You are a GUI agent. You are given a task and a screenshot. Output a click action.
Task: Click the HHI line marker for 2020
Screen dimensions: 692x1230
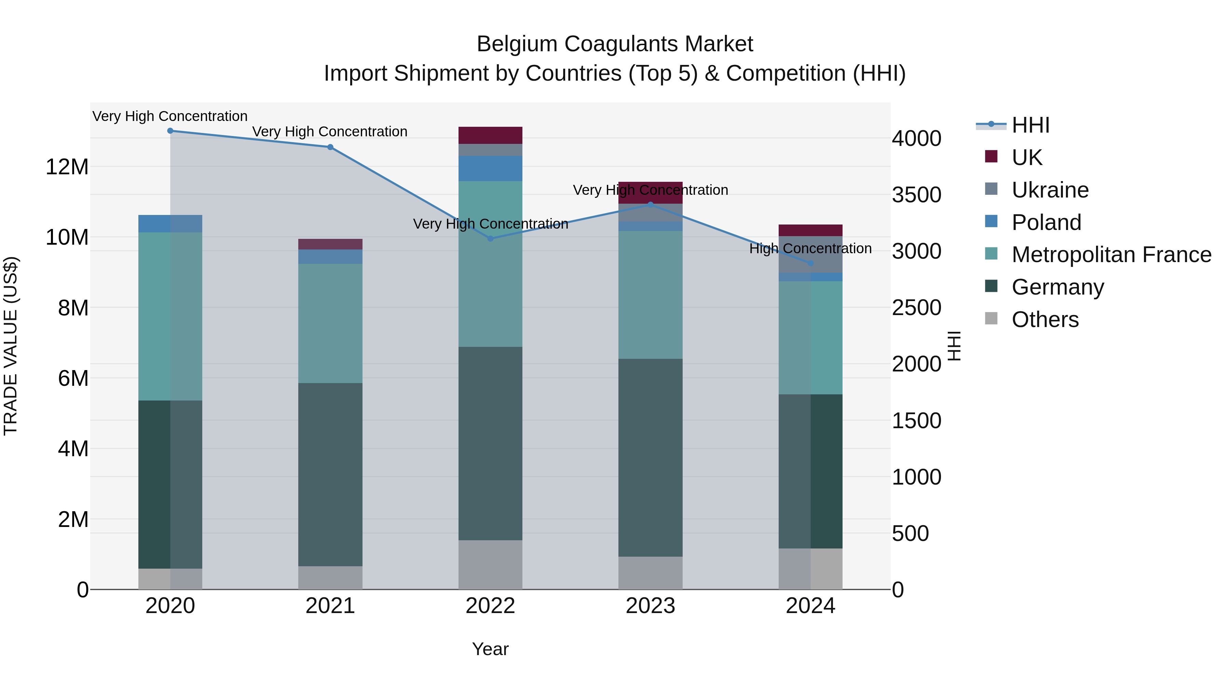[170, 131]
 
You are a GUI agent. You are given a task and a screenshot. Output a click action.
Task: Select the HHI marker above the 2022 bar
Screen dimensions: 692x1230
[490, 238]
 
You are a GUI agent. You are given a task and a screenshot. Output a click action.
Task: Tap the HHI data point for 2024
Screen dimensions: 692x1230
[810, 263]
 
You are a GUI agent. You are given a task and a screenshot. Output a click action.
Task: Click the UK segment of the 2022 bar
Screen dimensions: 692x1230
[490, 135]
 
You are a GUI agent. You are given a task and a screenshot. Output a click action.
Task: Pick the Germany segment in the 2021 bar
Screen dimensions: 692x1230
[330, 474]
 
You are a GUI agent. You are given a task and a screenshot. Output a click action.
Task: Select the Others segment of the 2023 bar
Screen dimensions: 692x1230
[650, 573]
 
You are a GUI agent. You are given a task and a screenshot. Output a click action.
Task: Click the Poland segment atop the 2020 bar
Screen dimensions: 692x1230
[170, 223]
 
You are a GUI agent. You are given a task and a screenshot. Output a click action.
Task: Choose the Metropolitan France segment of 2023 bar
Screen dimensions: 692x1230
[650, 295]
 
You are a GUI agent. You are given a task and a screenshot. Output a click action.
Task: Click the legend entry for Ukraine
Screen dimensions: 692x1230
[1050, 190]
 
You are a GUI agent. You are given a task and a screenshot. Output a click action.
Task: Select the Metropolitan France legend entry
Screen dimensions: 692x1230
[1111, 255]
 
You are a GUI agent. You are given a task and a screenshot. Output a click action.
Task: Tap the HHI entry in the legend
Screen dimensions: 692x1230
[1030, 125]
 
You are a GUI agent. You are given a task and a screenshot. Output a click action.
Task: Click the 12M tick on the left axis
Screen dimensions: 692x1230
[67, 167]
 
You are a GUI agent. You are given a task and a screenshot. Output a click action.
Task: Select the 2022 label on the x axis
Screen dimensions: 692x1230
[490, 606]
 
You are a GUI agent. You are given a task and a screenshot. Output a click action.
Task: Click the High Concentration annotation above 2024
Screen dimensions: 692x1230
[810, 248]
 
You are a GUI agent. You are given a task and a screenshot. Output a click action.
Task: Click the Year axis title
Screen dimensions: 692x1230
[490, 649]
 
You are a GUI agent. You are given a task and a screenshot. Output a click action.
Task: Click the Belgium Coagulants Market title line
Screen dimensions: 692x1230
[615, 44]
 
